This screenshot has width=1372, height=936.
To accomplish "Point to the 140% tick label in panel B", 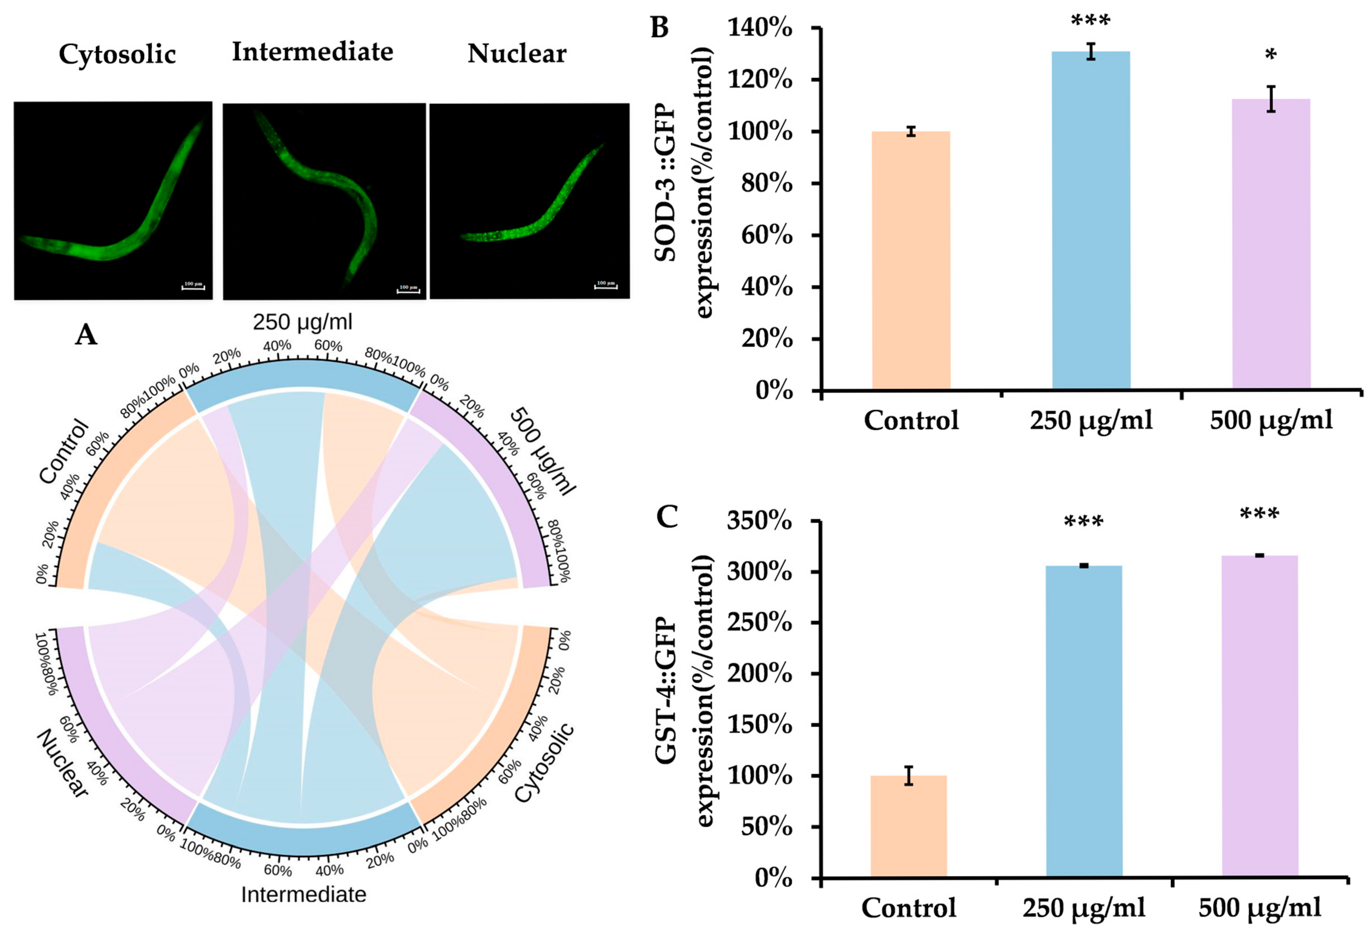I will pos(760,28).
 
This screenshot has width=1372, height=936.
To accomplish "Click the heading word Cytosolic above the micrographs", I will pos(117,54).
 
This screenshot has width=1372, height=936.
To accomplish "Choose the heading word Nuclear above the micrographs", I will pos(517,54).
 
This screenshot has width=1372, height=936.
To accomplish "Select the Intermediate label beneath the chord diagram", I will pos(304,895).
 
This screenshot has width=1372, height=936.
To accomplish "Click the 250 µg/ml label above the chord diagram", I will pos(302,322).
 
